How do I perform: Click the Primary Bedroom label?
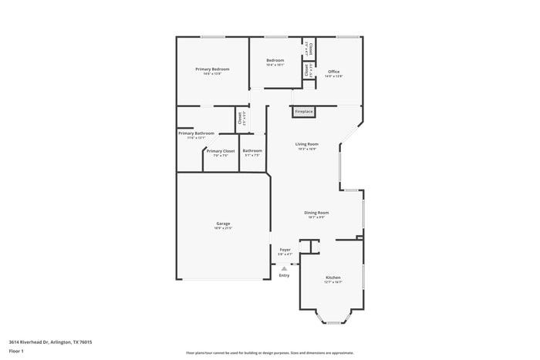point(212,69)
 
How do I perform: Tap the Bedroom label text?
point(275,60)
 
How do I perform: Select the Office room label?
point(333,72)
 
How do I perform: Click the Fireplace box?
point(304,112)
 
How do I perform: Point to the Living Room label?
point(306,144)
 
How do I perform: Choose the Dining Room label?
point(316,213)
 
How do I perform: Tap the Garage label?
point(223,224)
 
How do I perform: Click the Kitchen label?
point(332,278)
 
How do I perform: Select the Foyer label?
point(285,250)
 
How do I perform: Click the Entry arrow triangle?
point(283,268)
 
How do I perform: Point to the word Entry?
point(285,275)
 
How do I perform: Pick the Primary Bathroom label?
point(196,133)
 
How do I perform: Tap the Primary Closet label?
point(221,151)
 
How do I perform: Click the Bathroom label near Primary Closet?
point(252,151)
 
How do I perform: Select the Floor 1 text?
point(17,351)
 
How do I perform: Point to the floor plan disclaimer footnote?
point(270,352)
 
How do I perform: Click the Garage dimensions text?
point(223,228)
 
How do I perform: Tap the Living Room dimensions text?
point(306,149)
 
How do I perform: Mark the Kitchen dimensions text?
point(332,282)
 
